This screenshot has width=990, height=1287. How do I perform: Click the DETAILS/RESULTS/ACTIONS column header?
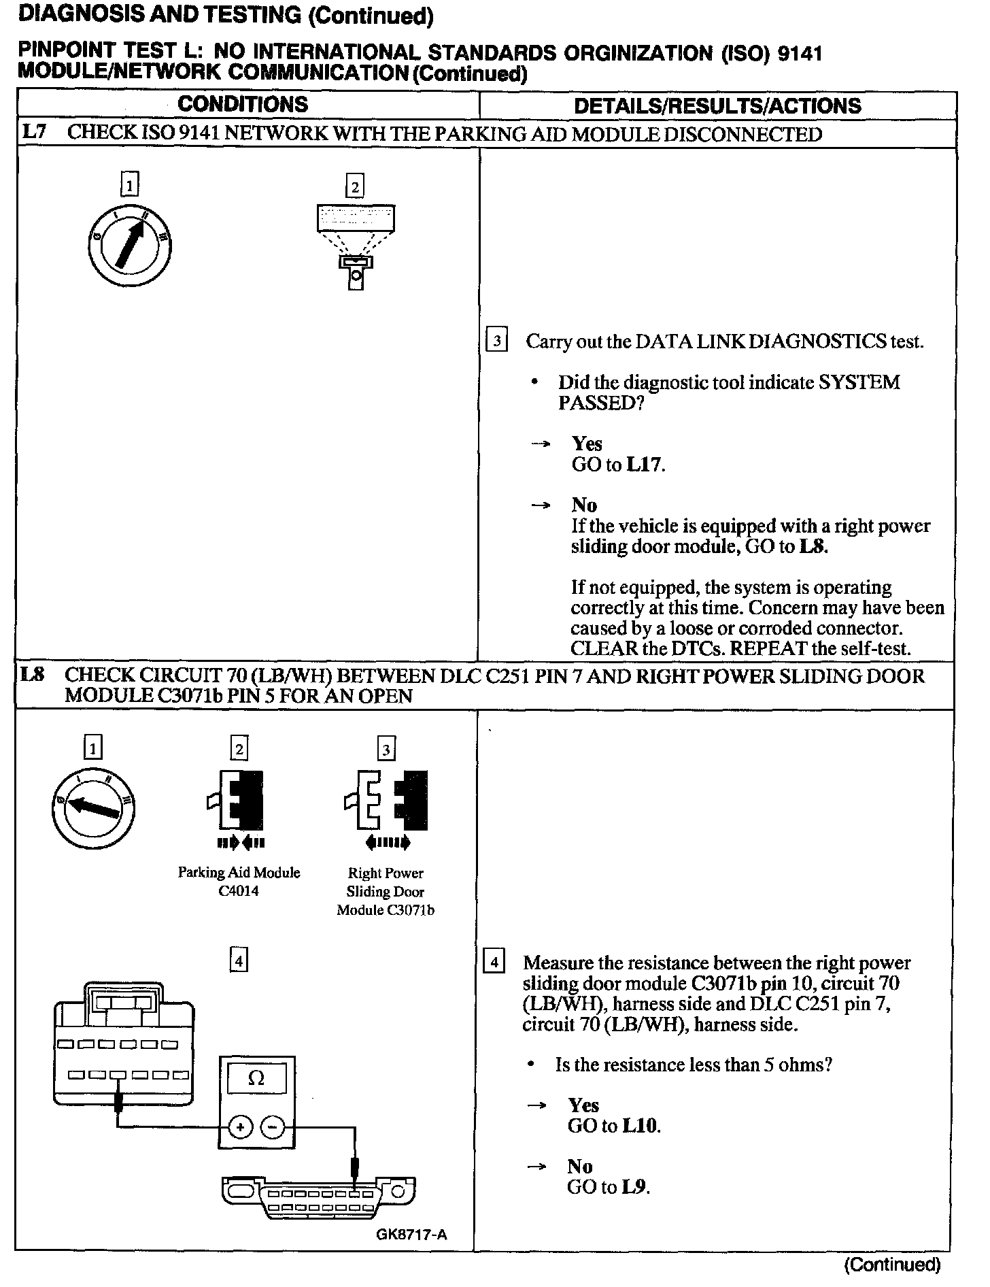(x=717, y=105)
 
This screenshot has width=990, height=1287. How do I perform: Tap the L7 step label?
(x=33, y=132)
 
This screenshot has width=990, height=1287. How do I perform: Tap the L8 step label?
(x=33, y=675)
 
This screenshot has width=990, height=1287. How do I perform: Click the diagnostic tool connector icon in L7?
(x=356, y=246)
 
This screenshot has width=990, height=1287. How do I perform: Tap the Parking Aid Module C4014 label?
(x=239, y=882)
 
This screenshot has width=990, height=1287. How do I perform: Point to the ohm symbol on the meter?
(x=256, y=1078)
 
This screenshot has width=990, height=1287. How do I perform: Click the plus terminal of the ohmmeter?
(x=240, y=1127)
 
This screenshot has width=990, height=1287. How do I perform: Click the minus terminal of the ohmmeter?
(x=273, y=1127)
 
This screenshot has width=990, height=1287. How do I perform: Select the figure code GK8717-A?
(x=411, y=1235)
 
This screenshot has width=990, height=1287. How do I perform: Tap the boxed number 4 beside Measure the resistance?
(x=494, y=963)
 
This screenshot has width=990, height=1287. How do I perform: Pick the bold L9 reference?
(x=635, y=1187)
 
